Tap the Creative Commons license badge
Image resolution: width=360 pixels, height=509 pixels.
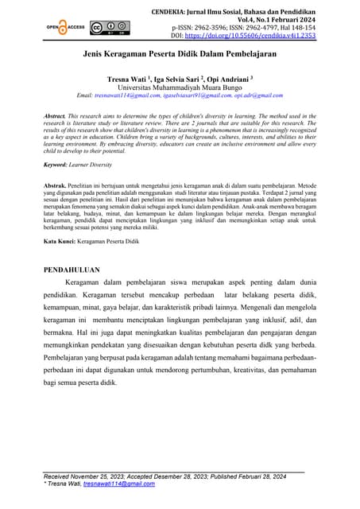coord(107,26)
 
